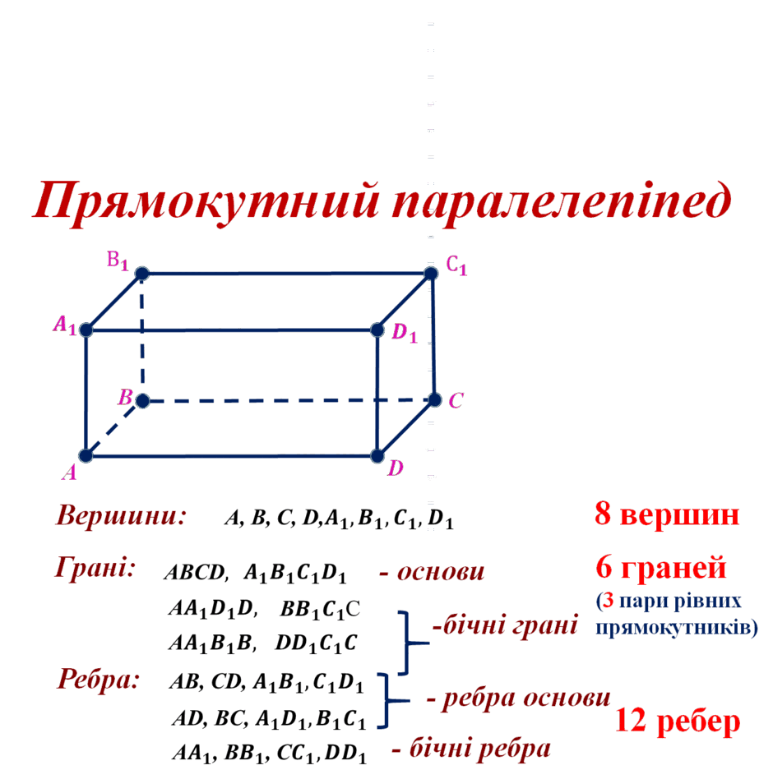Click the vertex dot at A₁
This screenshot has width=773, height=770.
tap(86, 330)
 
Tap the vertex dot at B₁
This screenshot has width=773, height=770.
tap(142, 274)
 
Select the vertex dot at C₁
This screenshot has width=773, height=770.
tap(431, 273)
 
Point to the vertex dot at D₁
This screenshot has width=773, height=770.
tap(377, 330)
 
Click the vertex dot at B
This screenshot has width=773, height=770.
tap(142, 400)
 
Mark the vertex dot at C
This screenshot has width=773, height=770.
tap(434, 399)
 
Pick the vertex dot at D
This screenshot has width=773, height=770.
tap(377, 456)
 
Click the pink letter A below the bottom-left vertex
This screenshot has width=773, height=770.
tap(70, 473)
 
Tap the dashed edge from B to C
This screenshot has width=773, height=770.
tap(289, 400)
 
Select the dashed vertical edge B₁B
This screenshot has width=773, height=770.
tap(142, 337)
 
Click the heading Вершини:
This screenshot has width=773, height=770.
tap(121, 516)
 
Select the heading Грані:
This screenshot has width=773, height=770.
tap(95, 568)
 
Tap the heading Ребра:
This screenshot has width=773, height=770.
tap(99, 680)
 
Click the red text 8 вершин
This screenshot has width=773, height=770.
tap(667, 514)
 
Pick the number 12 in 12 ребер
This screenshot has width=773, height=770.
tap(631, 721)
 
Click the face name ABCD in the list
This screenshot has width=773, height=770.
tap(195, 573)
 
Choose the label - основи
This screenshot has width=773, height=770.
tap(432, 572)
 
